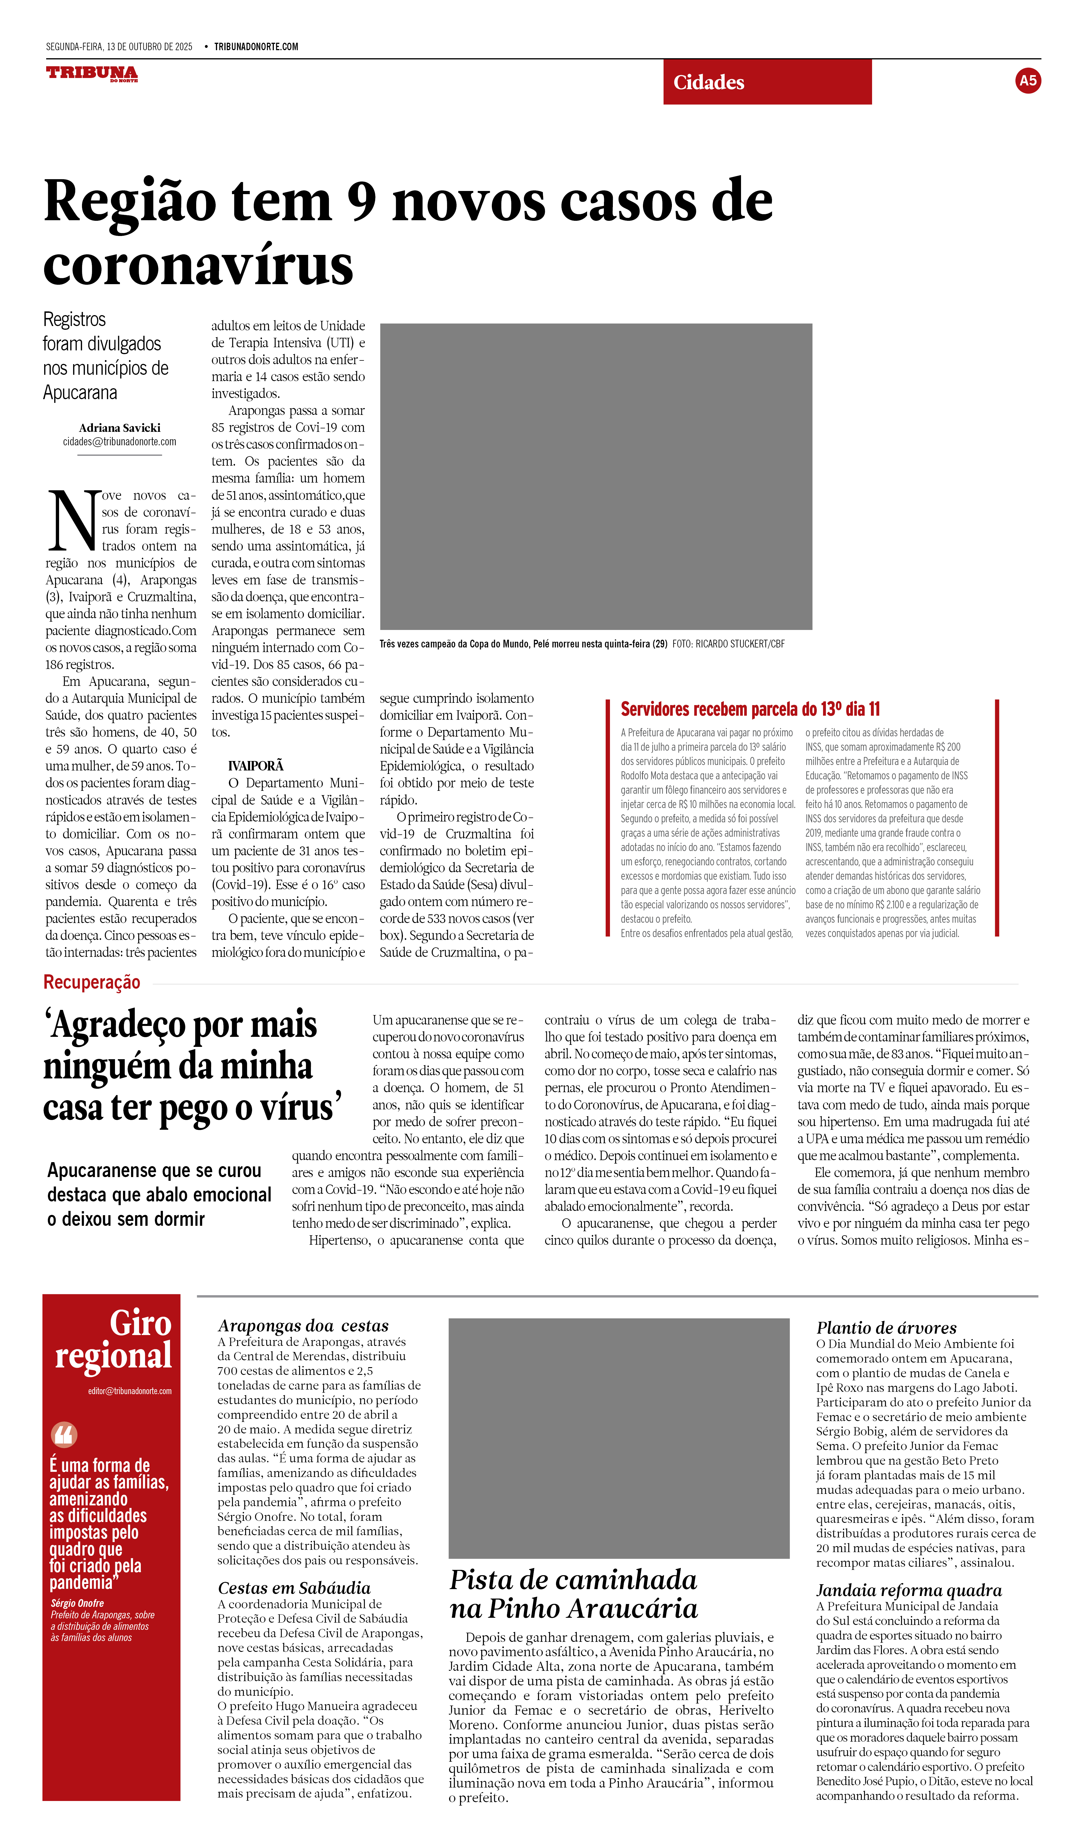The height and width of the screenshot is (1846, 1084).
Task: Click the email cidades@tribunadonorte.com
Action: coord(119,442)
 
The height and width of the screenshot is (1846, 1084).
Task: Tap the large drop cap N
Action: coord(73,520)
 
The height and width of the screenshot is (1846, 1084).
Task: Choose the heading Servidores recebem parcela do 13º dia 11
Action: coord(750,709)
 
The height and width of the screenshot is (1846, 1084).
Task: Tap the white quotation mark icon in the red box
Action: coord(65,1434)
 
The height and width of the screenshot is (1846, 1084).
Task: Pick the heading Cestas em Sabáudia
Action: coord(294,1587)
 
